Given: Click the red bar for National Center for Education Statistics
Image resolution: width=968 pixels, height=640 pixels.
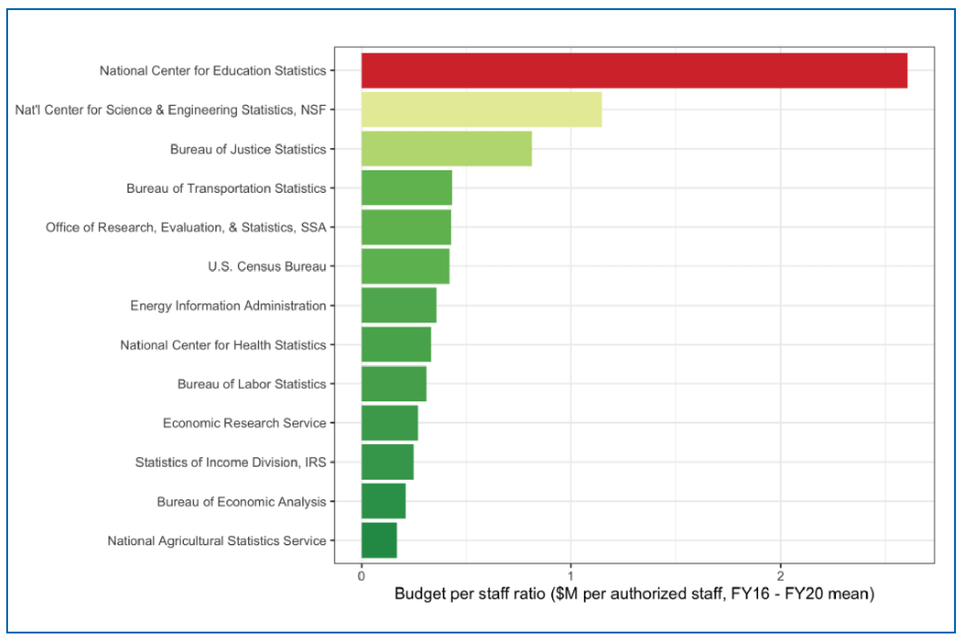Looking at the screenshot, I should click(x=634, y=71).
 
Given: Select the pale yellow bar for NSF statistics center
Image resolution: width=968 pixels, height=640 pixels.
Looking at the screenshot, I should click(x=481, y=110).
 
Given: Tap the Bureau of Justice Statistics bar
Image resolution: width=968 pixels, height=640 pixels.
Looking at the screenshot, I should click(x=446, y=149).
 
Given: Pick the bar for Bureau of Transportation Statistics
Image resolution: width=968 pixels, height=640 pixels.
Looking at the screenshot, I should click(x=406, y=188).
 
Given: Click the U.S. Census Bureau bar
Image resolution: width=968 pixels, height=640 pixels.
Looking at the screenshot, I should click(x=405, y=266).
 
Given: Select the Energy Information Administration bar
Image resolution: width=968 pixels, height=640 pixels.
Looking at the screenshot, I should click(x=398, y=305).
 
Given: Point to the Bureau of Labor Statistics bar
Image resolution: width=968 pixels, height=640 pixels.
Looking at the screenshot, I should click(x=393, y=384).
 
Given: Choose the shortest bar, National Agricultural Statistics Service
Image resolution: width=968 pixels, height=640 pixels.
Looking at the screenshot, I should click(x=379, y=541).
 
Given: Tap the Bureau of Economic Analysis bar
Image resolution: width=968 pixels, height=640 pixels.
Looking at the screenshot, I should click(x=383, y=501).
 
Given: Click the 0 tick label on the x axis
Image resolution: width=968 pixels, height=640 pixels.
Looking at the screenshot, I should click(x=361, y=576).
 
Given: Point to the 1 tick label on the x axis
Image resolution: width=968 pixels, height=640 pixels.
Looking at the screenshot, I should click(x=570, y=576).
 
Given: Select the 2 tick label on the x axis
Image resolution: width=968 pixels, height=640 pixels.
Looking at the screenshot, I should click(x=780, y=576).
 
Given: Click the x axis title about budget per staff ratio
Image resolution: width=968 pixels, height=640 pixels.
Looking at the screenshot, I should click(x=634, y=594).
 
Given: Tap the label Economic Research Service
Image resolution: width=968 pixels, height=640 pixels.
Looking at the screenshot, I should click(x=244, y=423).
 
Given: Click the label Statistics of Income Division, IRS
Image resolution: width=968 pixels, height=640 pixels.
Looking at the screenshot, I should click(x=230, y=462).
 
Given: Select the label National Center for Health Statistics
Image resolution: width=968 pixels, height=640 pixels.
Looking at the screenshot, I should click(x=223, y=345).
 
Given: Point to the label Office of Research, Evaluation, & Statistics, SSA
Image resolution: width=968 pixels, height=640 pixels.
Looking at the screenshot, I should click(x=186, y=228).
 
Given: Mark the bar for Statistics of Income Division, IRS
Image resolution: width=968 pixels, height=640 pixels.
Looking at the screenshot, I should click(x=387, y=462).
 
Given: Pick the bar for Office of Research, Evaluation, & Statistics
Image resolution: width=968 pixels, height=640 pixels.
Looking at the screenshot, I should click(x=406, y=227).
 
